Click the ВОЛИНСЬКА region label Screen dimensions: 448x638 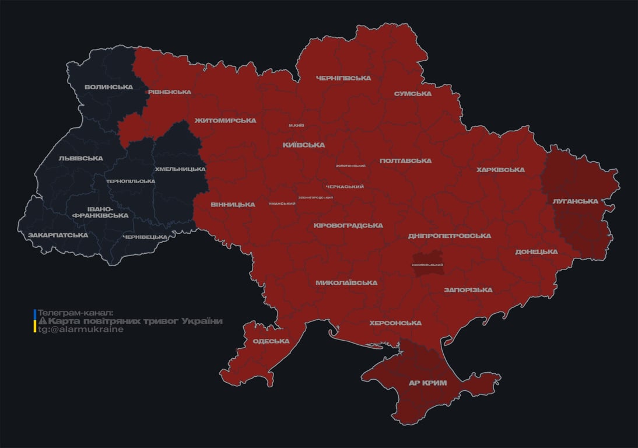tap(108, 87)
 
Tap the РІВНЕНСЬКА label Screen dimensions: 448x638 tap(169, 92)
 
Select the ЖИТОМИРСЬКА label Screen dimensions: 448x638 tap(225, 120)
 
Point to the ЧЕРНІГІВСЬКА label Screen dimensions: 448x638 tap(343, 78)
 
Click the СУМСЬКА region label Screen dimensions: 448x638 tap(412, 93)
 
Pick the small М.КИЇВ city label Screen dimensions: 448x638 tap(296, 125)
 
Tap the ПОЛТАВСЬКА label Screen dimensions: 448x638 tap(405, 160)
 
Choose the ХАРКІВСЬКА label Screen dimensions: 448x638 tap(500, 170)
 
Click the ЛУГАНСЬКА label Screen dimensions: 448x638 tap(576, 201)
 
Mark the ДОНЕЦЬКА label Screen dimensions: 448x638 tap(536, 251)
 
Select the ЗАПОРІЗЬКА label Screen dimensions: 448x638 tap(468, 289)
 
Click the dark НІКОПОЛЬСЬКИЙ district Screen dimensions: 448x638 tap(427, 262)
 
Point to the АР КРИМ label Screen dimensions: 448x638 tap(428, 383)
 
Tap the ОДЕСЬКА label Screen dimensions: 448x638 tap(271, 341)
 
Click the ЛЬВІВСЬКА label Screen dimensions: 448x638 tap(80, 158)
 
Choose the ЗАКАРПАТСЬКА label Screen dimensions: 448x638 tap(58, 235)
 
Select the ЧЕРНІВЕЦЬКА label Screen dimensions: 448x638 tap(145, 237)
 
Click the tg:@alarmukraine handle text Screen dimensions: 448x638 tap(80, 330)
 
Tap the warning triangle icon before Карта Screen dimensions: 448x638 tap(43, 321)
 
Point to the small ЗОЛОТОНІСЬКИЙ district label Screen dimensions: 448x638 tap(351, 166)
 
